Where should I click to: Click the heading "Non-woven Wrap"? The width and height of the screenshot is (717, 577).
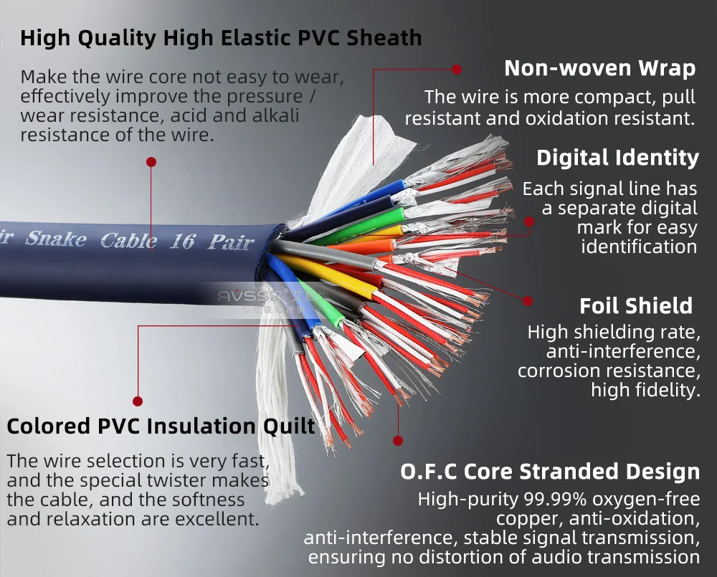(x=599, y=68)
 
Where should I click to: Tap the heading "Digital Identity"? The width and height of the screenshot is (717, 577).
(x=617, y=158)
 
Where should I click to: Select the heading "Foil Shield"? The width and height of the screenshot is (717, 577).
(x=636, y=306)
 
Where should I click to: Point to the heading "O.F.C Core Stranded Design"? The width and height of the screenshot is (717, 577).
(x=549, y=472)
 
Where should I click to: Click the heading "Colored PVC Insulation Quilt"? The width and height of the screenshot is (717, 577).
(x=161, y=426)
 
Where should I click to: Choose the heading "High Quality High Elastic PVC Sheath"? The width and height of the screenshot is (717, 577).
(x=221, y=37)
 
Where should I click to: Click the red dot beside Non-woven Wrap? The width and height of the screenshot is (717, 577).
(x=457, y=69)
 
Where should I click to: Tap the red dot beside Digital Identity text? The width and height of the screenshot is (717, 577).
(x=529, y=222)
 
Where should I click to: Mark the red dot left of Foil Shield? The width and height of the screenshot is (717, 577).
(x=528, y=302)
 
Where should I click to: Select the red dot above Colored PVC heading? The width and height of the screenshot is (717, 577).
(x=138, y=401)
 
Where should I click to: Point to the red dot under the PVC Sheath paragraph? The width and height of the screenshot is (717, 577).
(x=151, y=162)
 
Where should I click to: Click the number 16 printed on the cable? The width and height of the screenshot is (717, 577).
(x=182, y=241)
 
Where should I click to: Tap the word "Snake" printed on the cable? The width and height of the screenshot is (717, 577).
(x=56, y=239)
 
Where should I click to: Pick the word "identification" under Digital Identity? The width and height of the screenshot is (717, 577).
(x=639, y=247)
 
